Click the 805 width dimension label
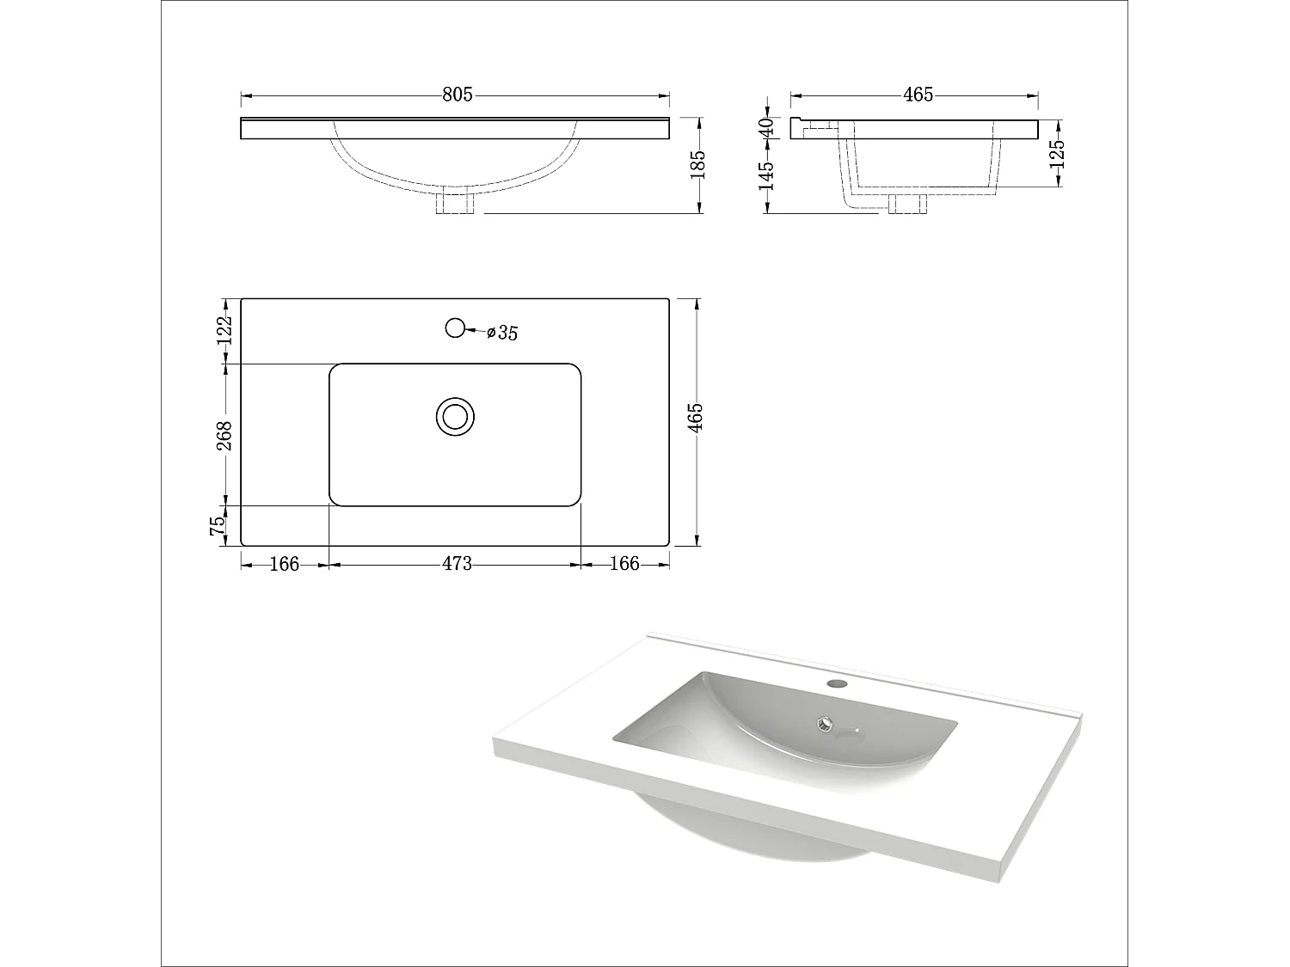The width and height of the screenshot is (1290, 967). [458, 95]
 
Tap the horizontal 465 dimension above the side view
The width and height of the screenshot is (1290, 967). [918, 95]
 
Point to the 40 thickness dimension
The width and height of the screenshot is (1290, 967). [767, 126]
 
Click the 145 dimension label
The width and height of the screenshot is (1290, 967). [767, 175]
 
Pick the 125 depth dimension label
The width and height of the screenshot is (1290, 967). [1058, 154]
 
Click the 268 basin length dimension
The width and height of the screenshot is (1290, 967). [224, 435]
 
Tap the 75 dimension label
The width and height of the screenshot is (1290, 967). [219, 525]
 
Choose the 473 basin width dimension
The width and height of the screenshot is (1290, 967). [457, 564]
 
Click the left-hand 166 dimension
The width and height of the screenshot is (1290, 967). [285, 564]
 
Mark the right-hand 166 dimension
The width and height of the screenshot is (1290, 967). [625, 564]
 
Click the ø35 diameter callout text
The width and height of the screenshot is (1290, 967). [502, 333]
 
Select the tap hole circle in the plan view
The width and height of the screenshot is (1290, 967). [455, 327]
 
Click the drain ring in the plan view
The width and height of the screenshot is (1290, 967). [455, 416]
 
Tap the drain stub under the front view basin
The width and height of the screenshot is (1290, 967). [455, 204]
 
